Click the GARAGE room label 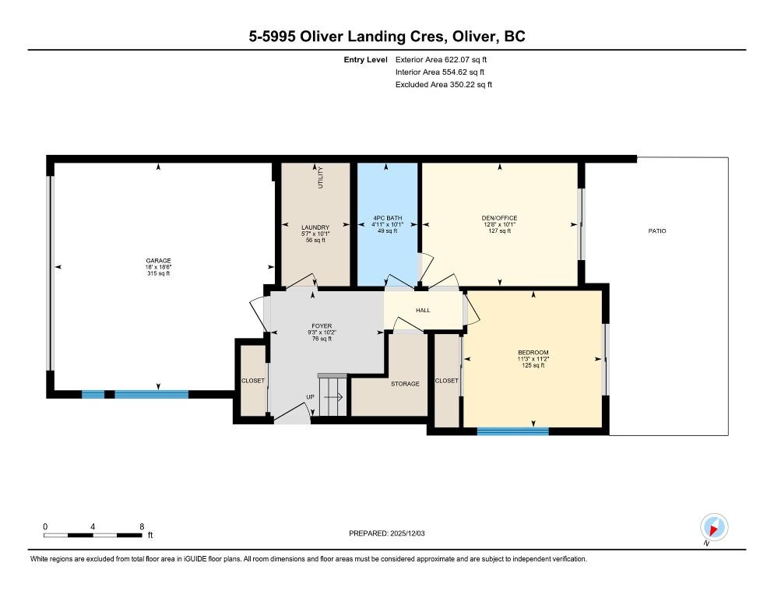pyautogui.click(x=158, y=261)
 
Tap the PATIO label pyautogui.click(x=657, y=230)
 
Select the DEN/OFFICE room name pyautogui.click(x=500, y=218)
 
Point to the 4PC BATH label pyautogui.click(x=388, y=218)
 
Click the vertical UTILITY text pyautogui.click(x=320, y=178)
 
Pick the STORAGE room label pyautogui.click(x=405, y=384)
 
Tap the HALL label pyautogui.click(x=423, y=310)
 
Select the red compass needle pyautogui.click(x=713, y=530)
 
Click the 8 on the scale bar pyautogui.click(x=142, y=526)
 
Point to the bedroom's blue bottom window pyautogui.click(x=513, y=431)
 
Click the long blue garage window pyautogui.click(x=152, y=394)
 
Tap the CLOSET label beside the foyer pyautogui.click(x=253, y=381)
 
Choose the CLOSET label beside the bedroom pyautogui.click(x=447, y=381)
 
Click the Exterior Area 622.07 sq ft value pyautogui.click(x=441, y=60)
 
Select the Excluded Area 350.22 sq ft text pyautogui.click(x=444, y=84)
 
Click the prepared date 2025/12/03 pyautogui.click(x=407, y=533)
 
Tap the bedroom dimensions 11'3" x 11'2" pyautogui.click(x=533, y=359)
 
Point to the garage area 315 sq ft pyautogui.click(x=158, y=273)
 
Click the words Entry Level pyautogui.click(x=366, y=60)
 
